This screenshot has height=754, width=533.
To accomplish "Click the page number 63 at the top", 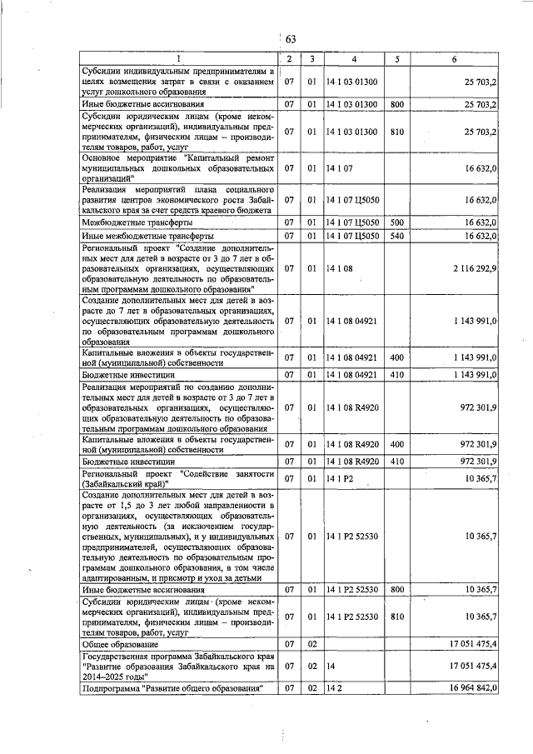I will (x=291, y=39).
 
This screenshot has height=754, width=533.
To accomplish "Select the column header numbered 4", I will (x=354, y=59).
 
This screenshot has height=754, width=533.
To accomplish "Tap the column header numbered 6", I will (x=454, y=59).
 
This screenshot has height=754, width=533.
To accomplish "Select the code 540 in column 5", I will (x=396, y=236).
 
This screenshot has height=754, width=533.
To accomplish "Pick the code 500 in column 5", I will (x=396, y=222).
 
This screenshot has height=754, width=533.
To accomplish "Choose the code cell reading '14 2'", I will (x=334, y=687).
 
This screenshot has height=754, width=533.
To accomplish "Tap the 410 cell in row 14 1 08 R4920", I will (x=396, y=460).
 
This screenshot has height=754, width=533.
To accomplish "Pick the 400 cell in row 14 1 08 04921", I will (x=396, y=357).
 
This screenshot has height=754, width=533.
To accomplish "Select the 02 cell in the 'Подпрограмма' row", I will (x=311, y=687).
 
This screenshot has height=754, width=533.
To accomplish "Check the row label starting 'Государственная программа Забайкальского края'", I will (x=178, y=666).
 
